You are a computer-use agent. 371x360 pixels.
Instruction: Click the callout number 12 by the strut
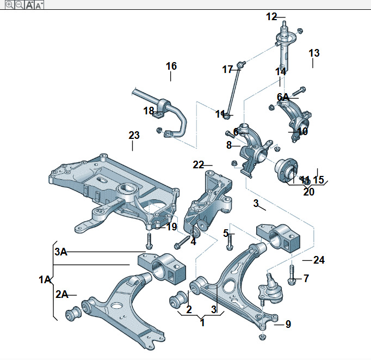point(271,16)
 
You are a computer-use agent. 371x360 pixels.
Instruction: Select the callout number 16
point(171,66)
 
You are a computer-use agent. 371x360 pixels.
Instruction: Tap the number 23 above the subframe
point(134,135)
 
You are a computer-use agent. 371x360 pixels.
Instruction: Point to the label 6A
point(283,97)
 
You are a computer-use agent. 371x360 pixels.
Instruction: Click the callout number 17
point(227,69)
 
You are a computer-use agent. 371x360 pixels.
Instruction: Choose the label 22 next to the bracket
point(198,164)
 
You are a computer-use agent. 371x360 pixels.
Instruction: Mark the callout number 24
point(319,260)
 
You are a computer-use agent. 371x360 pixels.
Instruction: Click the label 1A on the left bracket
point(44,280)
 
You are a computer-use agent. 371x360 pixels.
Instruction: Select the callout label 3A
point(60,252)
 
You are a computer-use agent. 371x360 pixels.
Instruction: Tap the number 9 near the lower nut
point(288,324)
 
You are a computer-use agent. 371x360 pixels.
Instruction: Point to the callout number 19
point(171,227)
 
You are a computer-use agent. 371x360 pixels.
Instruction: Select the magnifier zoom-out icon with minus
point(19,4)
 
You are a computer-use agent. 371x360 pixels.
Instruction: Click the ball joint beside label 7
point(269,290)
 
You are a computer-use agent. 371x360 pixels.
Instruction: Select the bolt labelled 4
point(183,240)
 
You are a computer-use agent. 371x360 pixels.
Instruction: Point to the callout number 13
point(314,53)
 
